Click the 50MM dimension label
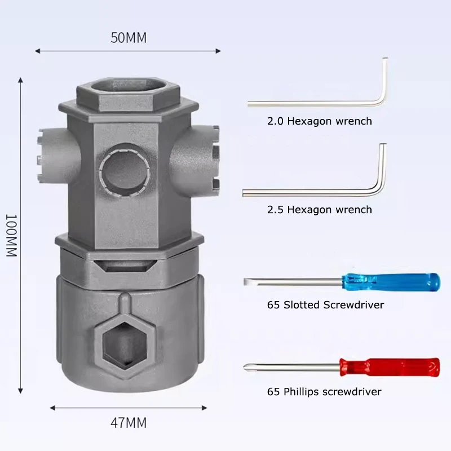click(129, 38)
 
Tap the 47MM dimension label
click(129, 423)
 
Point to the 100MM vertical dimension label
click(12, 235)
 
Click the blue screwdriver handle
click(391, 282)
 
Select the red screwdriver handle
click(390, 367)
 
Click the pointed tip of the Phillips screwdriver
click(245, 368)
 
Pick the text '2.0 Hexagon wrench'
click(320, 121)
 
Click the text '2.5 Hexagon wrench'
click(320, 210)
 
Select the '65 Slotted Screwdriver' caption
click(326, 305)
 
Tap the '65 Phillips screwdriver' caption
click(324, 392)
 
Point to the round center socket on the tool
click(124, 170)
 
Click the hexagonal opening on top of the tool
click(129, 86)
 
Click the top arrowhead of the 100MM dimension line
click(20, 80)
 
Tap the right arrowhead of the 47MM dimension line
click(205, 408)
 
